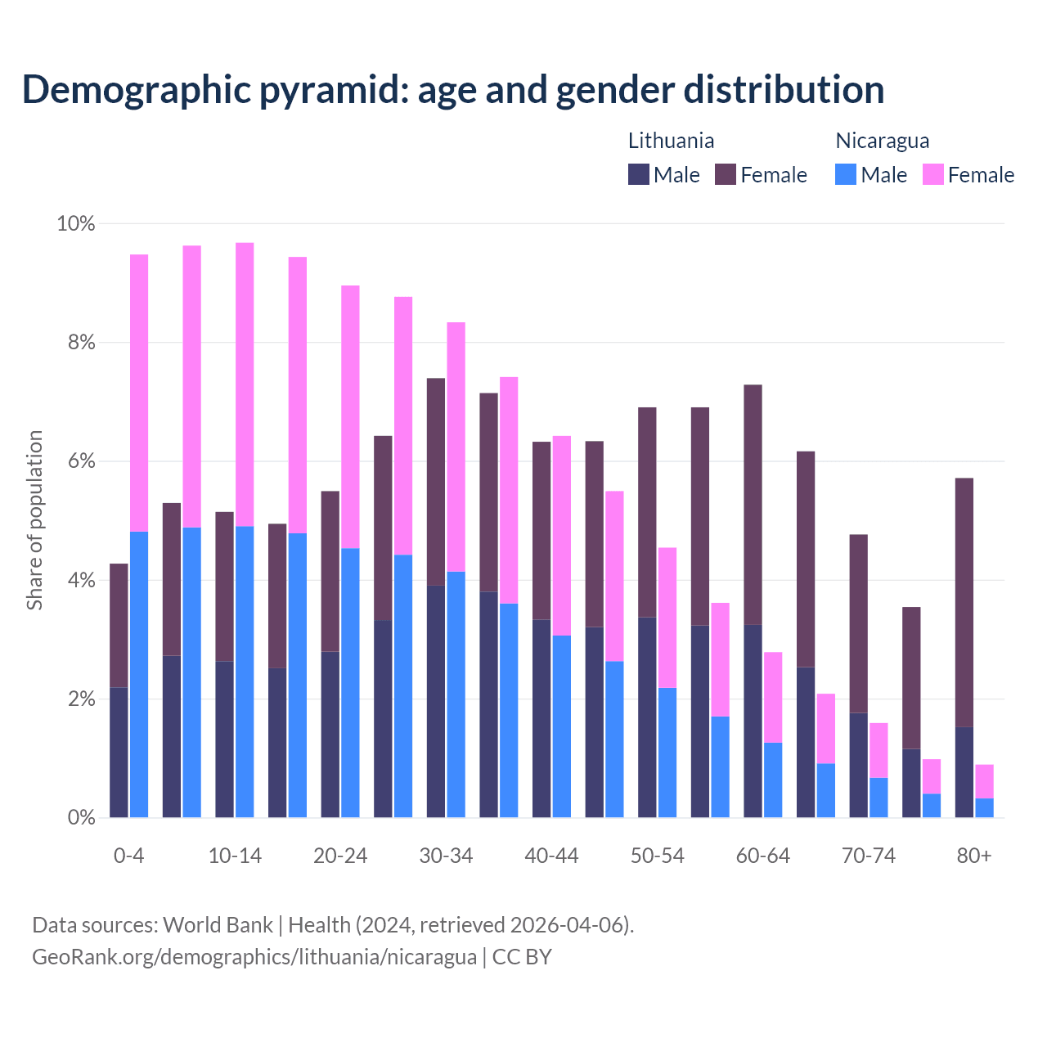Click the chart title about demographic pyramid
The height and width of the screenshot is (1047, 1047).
(x=453, y=89)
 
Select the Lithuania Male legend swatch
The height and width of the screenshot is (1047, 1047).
(x=639, y=174)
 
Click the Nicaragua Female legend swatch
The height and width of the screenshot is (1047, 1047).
(x=932, y=174)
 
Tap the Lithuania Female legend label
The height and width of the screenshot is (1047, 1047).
(x=773, y=175)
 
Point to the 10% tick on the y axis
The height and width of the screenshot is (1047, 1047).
(x=76, y=223)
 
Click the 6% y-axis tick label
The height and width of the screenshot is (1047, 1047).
(x=80, y=461)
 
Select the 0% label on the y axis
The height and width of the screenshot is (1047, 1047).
(x=80, y=817)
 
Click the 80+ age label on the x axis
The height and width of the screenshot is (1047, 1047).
(x=973, y=856)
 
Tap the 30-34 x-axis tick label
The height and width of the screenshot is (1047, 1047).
(x=446, y=856)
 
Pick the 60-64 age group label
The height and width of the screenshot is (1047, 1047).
(x=762, y=856)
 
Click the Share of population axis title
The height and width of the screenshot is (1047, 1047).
(x=34, y=520)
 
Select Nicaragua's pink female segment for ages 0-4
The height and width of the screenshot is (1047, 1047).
(x=139, y=393)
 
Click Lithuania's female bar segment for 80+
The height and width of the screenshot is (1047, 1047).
(x=964, y=602)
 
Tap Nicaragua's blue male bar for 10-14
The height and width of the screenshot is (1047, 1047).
(x=245, y=671)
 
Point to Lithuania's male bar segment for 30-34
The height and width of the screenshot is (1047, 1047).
(x=436, y=701)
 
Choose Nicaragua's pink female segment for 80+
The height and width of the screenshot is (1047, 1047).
(x=984, y=781)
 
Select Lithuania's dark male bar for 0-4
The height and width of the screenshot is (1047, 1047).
(x=119, y=752)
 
